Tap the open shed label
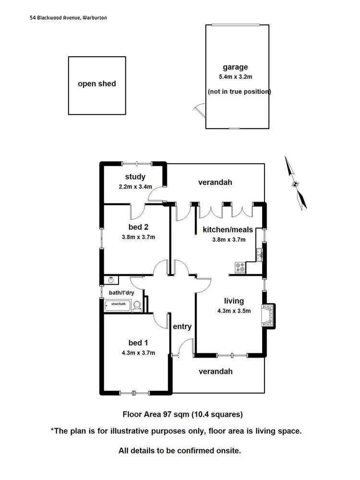[97, 84]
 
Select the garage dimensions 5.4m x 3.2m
[235, 77]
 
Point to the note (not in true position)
[240, 91]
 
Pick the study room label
[135, 177]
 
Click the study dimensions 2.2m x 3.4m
[135, 187]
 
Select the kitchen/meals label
[228, 230]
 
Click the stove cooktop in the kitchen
[240, 267]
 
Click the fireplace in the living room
[268, 315]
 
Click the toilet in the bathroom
[137, 306]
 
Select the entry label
[182, 327]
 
